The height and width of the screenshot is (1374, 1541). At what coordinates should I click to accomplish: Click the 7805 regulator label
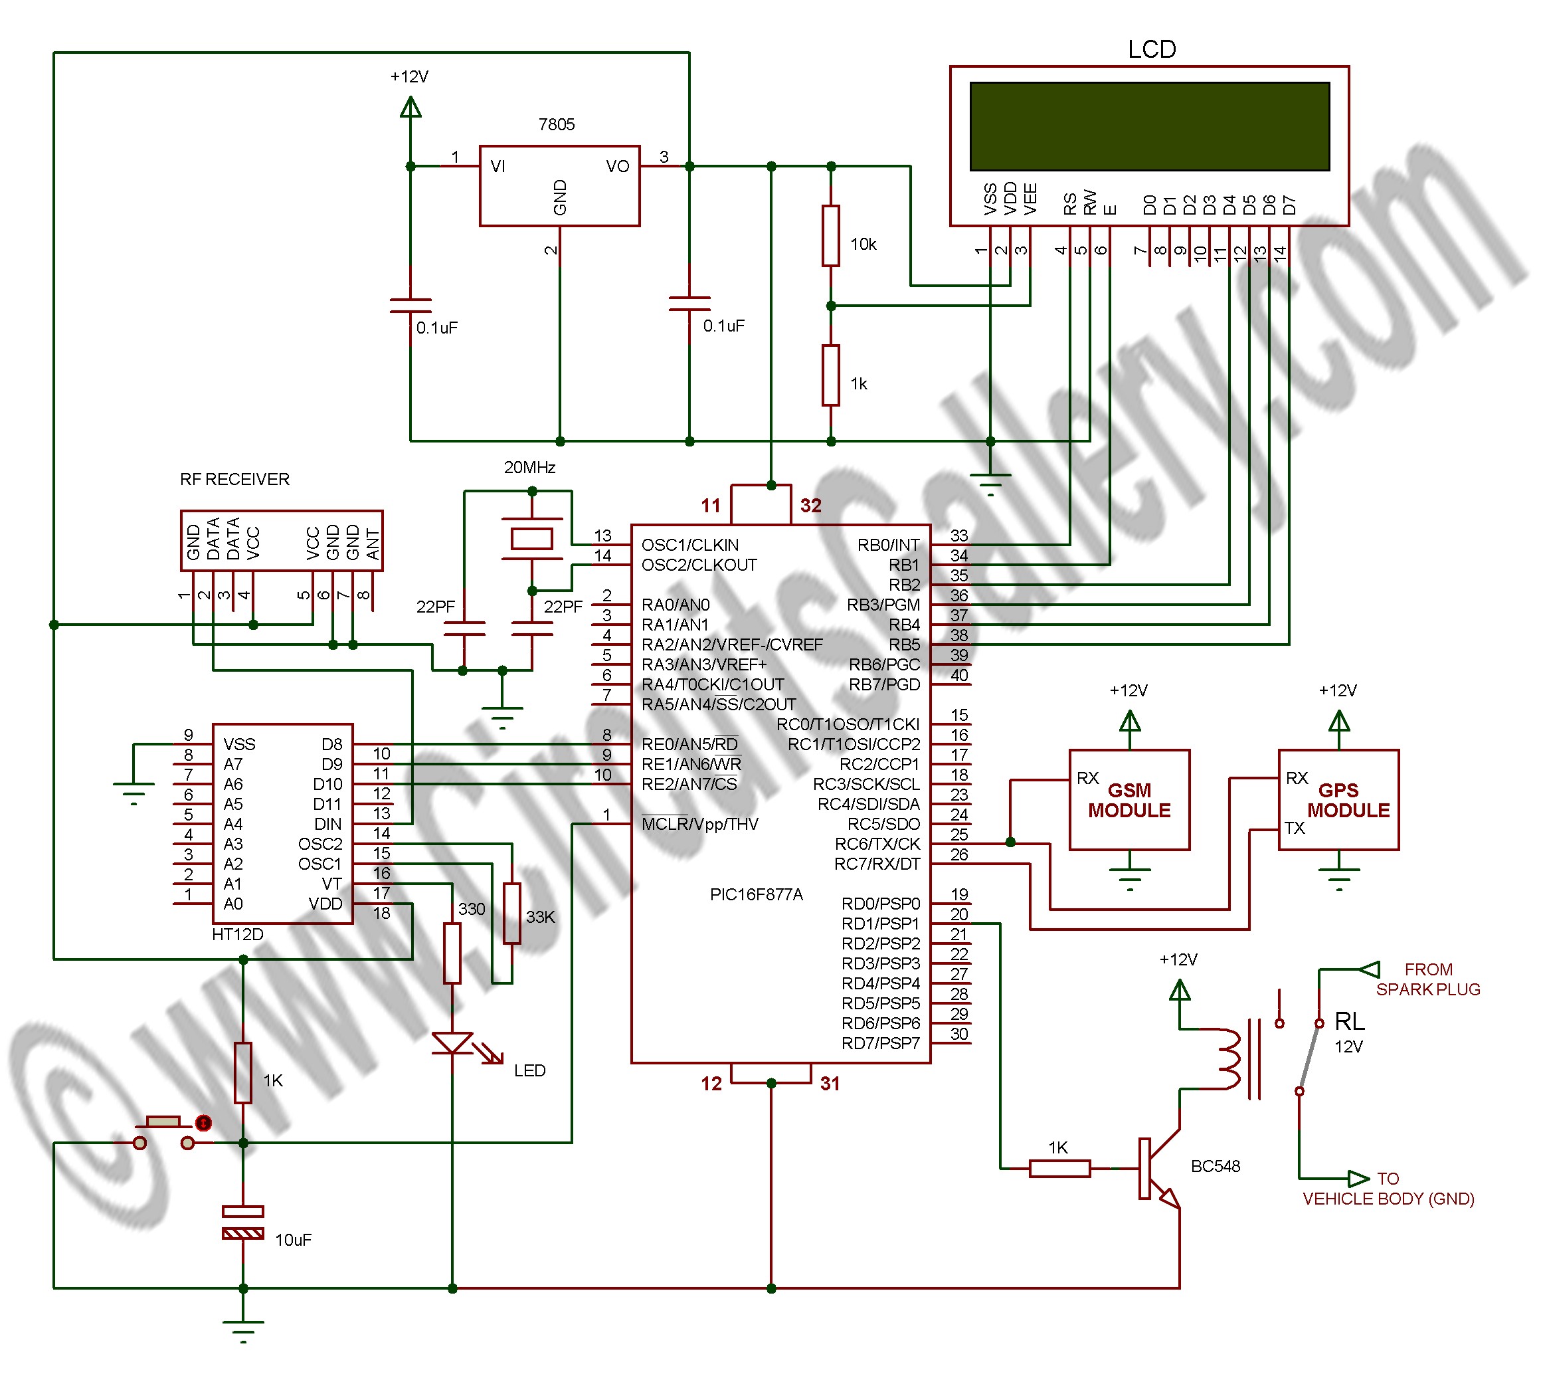pyautogui.click(x=556, y=124)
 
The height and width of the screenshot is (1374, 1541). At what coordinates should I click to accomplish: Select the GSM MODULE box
pyautogui.click(x=1129, y=799)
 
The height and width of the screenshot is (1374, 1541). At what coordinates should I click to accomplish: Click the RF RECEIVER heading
pyautogui.click(x=234, y=480)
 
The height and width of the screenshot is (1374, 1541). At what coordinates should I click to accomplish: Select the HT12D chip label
pyautogui.click(x=237, y=934)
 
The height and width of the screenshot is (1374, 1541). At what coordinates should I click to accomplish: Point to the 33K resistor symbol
pyautogui.click(x=511, y=913)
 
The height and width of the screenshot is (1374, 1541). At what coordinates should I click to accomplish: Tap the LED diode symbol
pyautogui.click(x=452, y=1042)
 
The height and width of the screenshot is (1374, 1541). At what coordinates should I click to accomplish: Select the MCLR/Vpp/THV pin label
pyautogui.click(x=699, y=824)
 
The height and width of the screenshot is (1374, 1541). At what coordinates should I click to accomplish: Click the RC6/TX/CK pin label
pyautogui.click(x=877, y=844)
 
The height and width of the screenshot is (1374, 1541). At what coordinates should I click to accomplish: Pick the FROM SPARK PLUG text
pyautogui.click(x=1428, y=979)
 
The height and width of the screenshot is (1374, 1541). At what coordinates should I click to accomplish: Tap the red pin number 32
pyautogui.click(x=810, y=506)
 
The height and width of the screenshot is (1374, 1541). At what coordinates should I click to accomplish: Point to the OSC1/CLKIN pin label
pyautogui.click(x=689, y=545)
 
